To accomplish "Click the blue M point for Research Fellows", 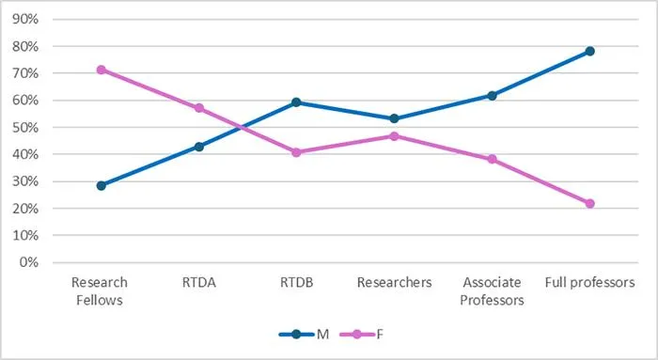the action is point(102,185).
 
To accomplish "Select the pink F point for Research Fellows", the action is point(102,70).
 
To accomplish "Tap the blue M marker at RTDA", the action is point(199,147).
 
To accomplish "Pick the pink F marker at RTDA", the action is point(199,108).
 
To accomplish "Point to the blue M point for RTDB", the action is point(296,102).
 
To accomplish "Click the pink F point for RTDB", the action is point(296,152).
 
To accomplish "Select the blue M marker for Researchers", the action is point(394,118).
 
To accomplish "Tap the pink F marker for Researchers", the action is point(394,136).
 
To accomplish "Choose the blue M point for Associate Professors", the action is point(492,96).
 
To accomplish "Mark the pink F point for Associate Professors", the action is point(492,159).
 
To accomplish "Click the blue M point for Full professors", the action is point(589,51).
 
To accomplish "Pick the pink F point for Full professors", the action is point(589,203).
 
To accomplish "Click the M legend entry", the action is point(304,335).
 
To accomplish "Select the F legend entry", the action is point(361,335).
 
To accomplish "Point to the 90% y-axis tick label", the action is point(25,20).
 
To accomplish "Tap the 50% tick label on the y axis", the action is point(25,128).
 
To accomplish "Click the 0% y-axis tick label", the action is point(28,262).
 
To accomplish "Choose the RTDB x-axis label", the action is point(296,282).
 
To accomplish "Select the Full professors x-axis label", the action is point(589,283).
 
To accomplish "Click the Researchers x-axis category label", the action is point(394,282).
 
